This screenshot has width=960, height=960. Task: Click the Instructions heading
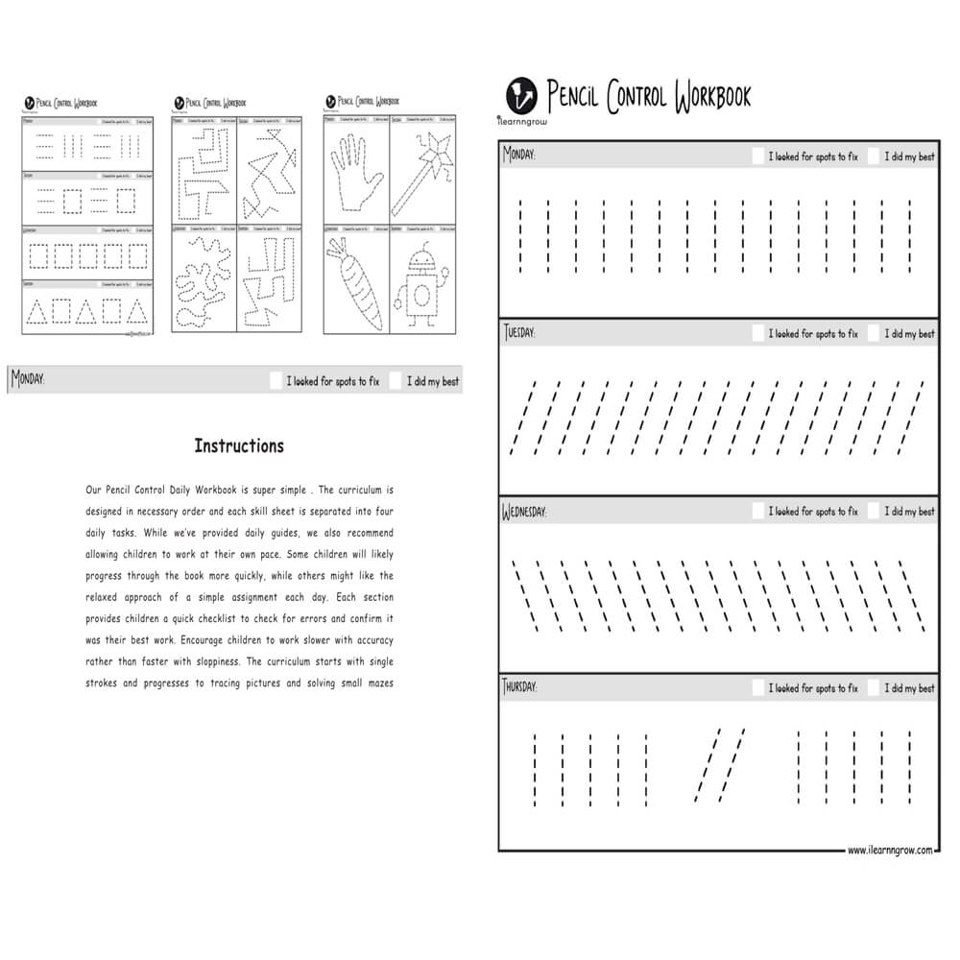239,445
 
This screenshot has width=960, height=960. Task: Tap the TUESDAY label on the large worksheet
519,332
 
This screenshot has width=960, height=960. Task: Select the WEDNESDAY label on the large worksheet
524,511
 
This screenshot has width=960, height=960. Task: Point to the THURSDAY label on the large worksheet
520,687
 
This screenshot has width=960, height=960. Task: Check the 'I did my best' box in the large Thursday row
874,688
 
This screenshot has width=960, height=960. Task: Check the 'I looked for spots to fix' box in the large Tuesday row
758,333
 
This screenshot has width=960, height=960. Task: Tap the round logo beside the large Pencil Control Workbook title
521,93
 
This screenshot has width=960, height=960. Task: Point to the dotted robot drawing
420,282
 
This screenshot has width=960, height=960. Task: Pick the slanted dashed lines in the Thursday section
720,763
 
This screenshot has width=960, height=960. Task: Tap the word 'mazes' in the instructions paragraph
376,684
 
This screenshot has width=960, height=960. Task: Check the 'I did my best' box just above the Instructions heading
396,380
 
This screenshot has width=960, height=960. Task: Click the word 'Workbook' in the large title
712,96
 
